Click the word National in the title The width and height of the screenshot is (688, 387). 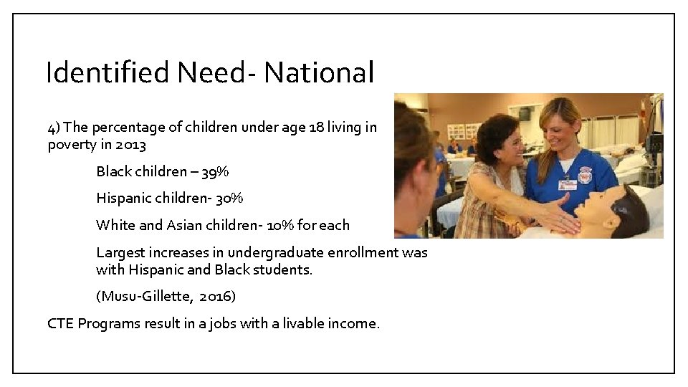(x=318, y=73)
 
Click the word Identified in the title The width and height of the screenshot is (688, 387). (x=107, y=73)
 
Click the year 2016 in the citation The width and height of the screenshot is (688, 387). (x=214, y=296)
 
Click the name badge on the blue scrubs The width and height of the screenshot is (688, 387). (x=567, y=184)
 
